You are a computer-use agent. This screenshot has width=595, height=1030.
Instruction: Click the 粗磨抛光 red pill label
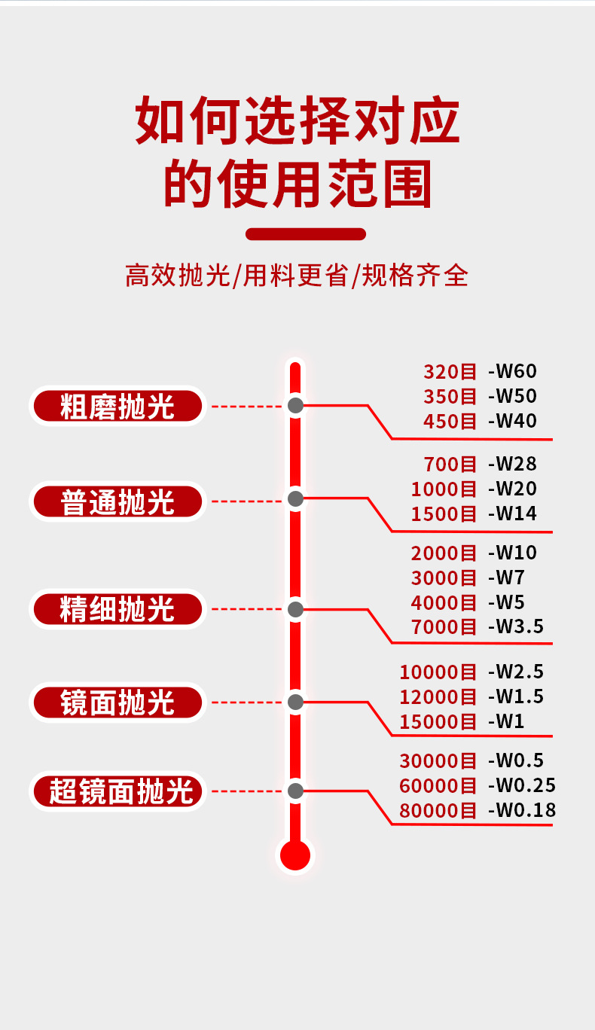tap(117, 407)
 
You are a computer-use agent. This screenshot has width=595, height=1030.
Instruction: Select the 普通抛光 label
tap(117, 501)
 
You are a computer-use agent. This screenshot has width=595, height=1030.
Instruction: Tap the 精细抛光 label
tap(117, 609)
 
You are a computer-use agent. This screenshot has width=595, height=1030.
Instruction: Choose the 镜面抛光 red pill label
tap(117, 702)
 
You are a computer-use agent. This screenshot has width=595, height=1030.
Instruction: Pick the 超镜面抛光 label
tap(117, 791)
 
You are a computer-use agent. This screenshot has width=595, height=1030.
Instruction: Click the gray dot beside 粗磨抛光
tap(296, 406)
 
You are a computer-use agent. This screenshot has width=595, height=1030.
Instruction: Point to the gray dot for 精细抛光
tap(296, 608)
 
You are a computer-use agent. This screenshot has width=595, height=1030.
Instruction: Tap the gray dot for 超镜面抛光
tap(296, 791)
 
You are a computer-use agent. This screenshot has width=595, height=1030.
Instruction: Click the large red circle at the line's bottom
tap(295, 855)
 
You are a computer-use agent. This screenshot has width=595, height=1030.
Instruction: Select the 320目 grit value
tap(450, 371)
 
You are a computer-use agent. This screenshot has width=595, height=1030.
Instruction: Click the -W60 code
tap(512, 371)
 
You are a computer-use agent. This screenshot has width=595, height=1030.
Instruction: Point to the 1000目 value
tap(444, 489)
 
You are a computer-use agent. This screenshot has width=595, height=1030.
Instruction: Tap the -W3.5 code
tap(515, 626)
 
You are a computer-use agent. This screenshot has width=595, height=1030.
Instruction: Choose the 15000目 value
tap(438, 721)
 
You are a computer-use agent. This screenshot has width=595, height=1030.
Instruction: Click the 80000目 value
tap(438, 811)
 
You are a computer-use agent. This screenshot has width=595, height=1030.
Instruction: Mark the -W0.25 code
tap(521, 786)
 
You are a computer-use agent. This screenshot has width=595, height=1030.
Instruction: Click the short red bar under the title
tap(306, 234)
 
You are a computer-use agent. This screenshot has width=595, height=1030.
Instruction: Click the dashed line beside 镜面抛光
tap(246, 702)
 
